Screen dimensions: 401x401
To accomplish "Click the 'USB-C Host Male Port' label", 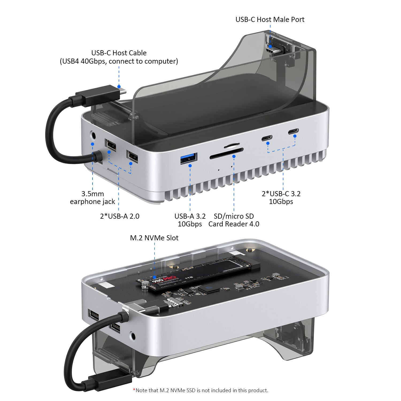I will click(x=270, y=20).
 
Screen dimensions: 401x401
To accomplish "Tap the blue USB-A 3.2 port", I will click(x=189, y=158).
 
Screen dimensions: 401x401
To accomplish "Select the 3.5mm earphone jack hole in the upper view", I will click(x=93, y=135).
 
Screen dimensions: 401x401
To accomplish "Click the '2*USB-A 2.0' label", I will click(x=119, y=216).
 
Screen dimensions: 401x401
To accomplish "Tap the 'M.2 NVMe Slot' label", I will click(x=154, y=238).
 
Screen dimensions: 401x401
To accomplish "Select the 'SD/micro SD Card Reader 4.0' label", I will click(x=234, y=220).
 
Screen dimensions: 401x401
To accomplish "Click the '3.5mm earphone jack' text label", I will click(x=92, y=198).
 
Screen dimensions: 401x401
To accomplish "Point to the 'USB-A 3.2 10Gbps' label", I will click(x=190, y=220).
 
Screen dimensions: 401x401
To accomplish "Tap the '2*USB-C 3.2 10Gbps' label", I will click(x=281, y=198).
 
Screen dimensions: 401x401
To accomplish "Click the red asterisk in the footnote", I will click(x=134, y=390).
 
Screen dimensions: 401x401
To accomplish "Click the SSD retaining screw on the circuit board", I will click(x=145, y=285).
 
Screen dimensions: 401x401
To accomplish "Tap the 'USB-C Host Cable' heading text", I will click(x=119, y=53).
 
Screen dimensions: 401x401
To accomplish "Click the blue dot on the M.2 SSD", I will click(x=154, y=277).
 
